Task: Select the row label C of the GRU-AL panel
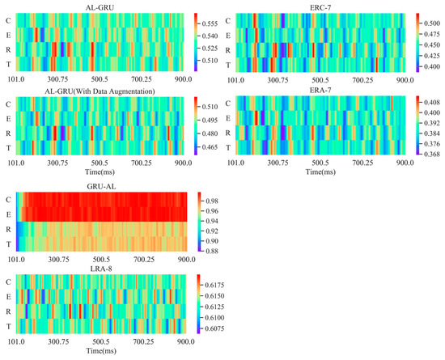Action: [x=8, y=200]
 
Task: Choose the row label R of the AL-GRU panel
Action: [x=8, y=49]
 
